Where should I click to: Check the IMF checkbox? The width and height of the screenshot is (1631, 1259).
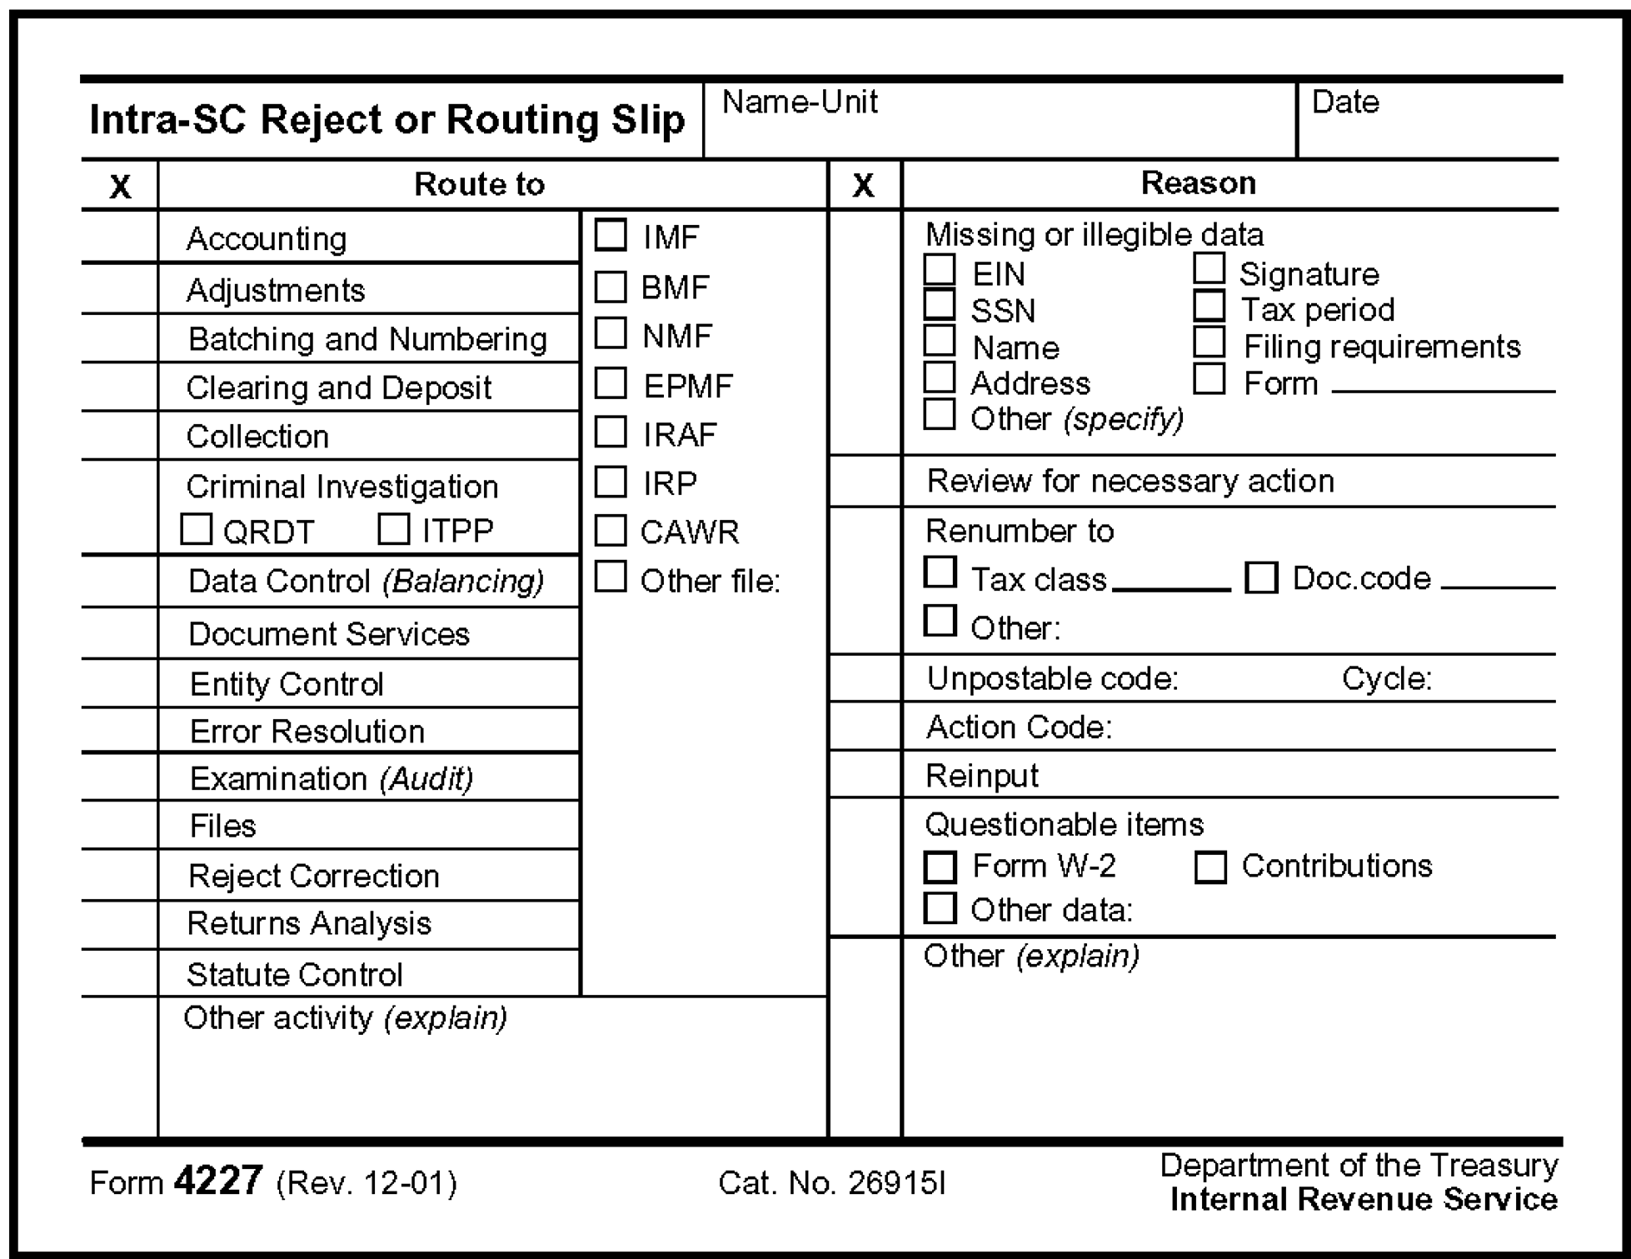coord(611,235)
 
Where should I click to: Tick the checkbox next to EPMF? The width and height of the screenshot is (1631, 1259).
coord(611,383)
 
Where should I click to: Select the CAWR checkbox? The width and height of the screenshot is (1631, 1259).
coord(611,530)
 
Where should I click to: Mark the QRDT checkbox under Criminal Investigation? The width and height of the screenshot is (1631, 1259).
coord(197,529)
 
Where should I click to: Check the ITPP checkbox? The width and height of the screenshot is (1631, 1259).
coord(393,528)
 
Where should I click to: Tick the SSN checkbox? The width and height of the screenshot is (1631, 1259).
coord(940,305)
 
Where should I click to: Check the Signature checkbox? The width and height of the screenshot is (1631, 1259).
coord(1209,269)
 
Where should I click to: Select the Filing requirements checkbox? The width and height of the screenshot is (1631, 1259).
coord(1209,342)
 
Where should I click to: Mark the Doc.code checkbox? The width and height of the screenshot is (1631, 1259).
coord(1261,577)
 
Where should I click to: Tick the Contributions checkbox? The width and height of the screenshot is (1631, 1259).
coord(1210,867)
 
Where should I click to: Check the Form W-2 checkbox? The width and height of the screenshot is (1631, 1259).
coord(940,867)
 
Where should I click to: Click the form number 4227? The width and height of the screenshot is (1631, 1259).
coord(218,1181)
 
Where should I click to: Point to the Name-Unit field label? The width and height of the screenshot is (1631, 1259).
coord(800,102)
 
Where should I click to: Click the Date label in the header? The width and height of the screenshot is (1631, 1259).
coord(1345,102)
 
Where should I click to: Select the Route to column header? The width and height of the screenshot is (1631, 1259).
coord(479,184)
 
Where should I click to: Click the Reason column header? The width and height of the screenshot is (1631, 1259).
coord(1198,183)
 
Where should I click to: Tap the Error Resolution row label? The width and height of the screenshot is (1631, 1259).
coord(307,732)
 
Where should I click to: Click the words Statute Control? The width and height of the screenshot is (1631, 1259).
coord(295,974)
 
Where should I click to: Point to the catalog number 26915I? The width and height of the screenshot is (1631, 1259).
coord(896,1183)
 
